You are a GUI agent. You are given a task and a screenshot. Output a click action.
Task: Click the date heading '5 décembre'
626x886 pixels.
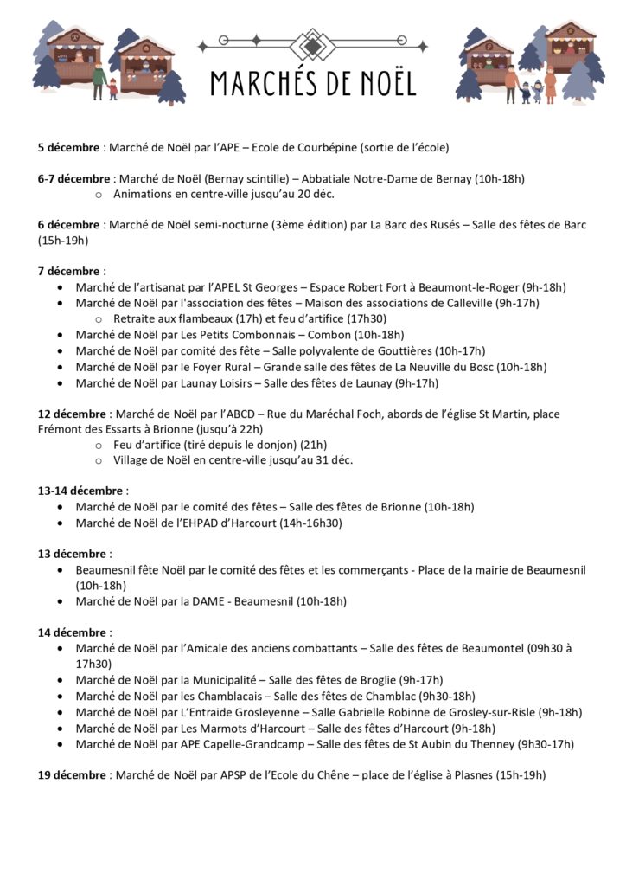tap(69, 147)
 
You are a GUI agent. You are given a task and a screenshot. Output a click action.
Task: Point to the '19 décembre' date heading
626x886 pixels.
tap(73, 775)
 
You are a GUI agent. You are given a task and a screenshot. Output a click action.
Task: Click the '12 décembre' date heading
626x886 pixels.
tap(73, 414)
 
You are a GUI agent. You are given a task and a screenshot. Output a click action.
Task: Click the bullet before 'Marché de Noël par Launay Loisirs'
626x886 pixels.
tap(59, 382)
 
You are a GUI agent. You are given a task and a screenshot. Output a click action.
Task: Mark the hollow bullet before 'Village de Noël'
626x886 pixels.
tap(99, 460)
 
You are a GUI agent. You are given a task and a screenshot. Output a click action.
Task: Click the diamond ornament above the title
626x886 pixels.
tap(313, 43)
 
